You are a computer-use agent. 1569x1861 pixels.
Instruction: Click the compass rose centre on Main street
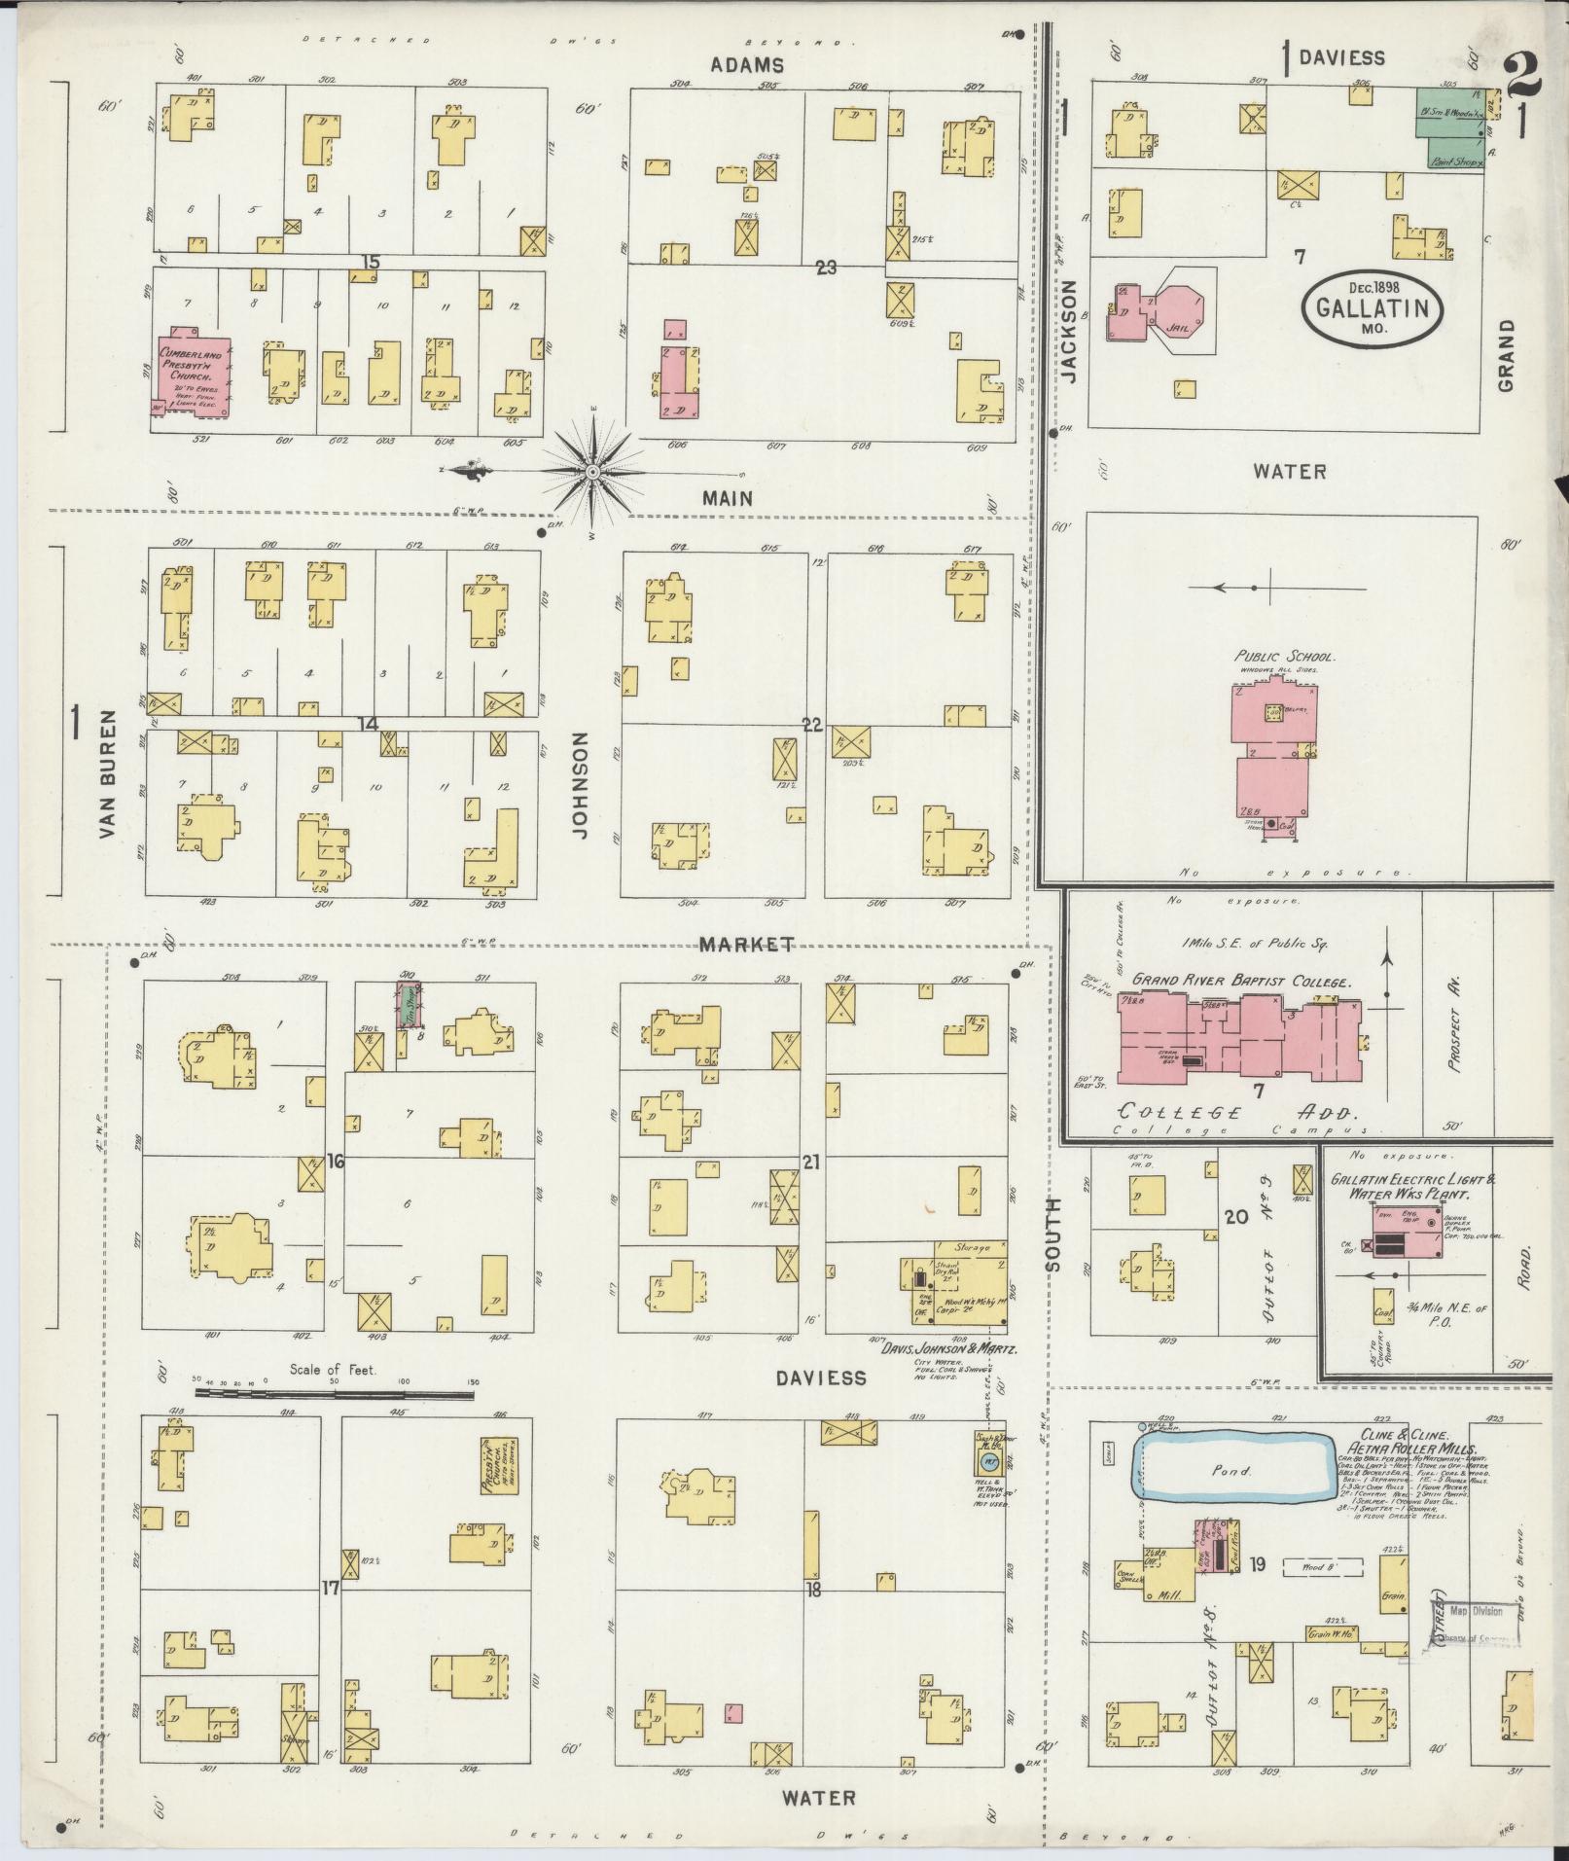tap(591, 472)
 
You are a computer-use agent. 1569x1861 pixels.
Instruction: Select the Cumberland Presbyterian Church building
tap(192, 374)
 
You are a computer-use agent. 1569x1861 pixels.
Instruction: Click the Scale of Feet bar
tap(335, 1393)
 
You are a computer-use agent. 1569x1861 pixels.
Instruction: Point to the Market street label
tap(747, 945)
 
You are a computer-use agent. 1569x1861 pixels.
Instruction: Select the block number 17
tap(331, 1589)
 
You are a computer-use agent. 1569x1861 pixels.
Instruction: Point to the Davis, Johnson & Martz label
tap(949, 1350)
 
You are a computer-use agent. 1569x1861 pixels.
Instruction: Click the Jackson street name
tap(1070, 332)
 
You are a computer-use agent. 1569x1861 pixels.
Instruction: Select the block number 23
tap(826, 268)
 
